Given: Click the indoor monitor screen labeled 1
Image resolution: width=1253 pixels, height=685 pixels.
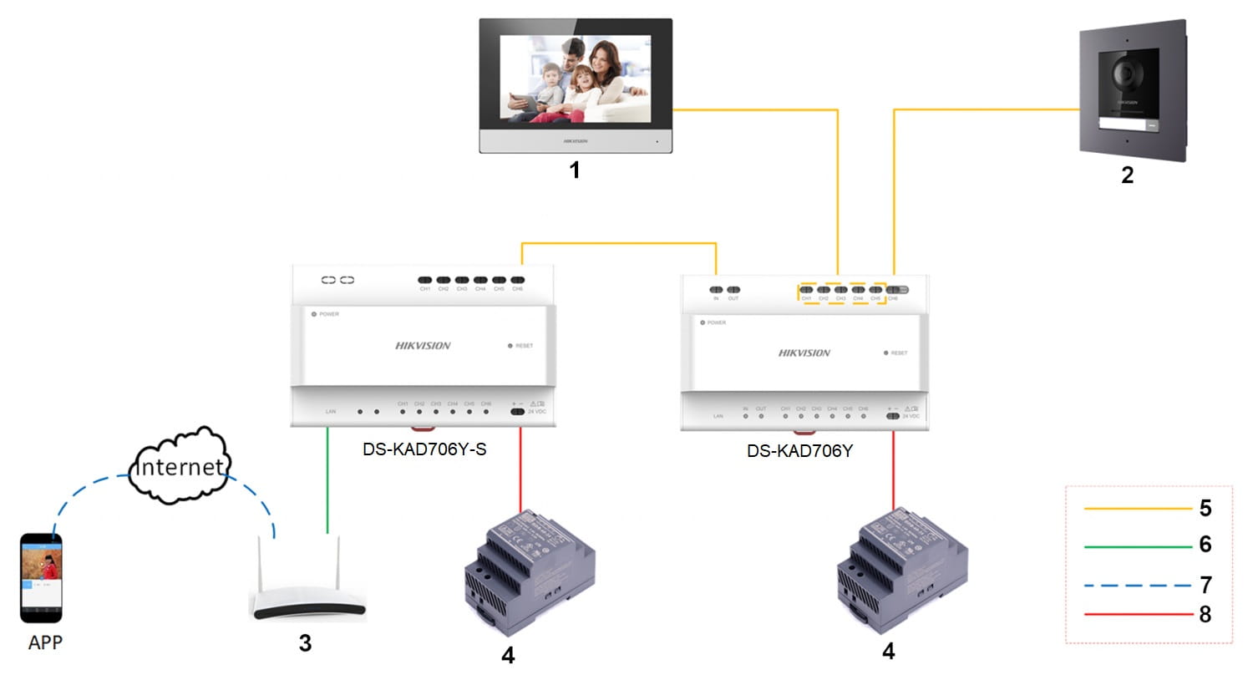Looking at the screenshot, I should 575,80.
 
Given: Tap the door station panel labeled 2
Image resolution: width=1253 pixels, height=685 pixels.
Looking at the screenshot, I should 1132,90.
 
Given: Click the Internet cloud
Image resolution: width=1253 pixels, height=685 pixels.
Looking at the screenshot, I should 180,466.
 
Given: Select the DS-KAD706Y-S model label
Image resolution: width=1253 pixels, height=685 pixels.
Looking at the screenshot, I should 424,449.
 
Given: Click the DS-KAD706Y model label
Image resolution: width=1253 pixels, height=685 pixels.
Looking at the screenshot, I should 799,451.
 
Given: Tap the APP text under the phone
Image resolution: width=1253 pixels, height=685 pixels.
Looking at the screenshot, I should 45,642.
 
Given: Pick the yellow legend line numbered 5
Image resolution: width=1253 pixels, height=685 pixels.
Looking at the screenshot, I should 1137,508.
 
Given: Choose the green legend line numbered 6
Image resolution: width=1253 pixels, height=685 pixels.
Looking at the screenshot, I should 1137,546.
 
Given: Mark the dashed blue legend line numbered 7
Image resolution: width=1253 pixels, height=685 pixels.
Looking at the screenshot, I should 1137,585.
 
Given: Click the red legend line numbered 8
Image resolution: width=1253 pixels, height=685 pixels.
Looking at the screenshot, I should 1137,615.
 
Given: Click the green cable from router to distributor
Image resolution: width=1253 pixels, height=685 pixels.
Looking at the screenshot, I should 327,480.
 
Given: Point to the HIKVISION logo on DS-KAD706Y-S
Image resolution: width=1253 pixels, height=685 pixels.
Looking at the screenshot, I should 423,346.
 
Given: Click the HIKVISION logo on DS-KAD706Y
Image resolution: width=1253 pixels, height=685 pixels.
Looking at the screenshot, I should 804,353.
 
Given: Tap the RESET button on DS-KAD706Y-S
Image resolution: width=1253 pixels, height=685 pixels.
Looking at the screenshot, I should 510,346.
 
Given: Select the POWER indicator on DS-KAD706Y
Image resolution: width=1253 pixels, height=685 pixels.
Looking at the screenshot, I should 703,322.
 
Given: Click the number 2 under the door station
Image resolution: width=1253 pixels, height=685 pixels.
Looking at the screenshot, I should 1127,175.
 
